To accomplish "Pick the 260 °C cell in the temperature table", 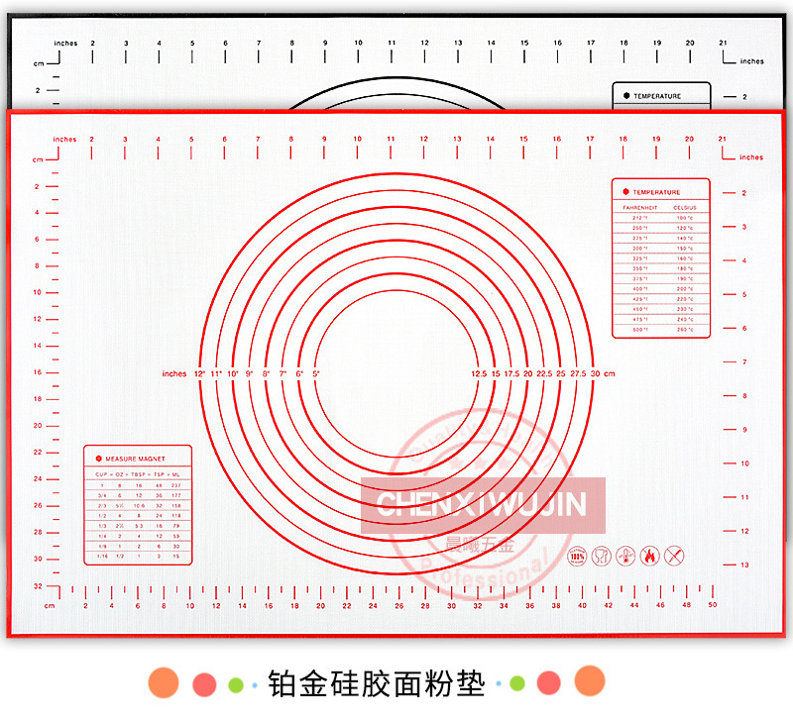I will [685, 329].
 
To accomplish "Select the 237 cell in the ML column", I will [176, 485].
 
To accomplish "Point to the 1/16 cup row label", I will [101, 557].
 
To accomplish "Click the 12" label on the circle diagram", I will [199, 373].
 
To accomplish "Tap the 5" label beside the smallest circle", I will [316, 373].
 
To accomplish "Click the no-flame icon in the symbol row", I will [650, 557].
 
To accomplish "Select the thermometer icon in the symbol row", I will [625, 557].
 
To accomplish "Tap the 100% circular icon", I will [577, 557].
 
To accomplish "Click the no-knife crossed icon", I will [674, 557].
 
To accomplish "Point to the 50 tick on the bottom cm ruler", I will [712, 604].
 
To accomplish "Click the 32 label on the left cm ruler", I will [37, 585].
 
